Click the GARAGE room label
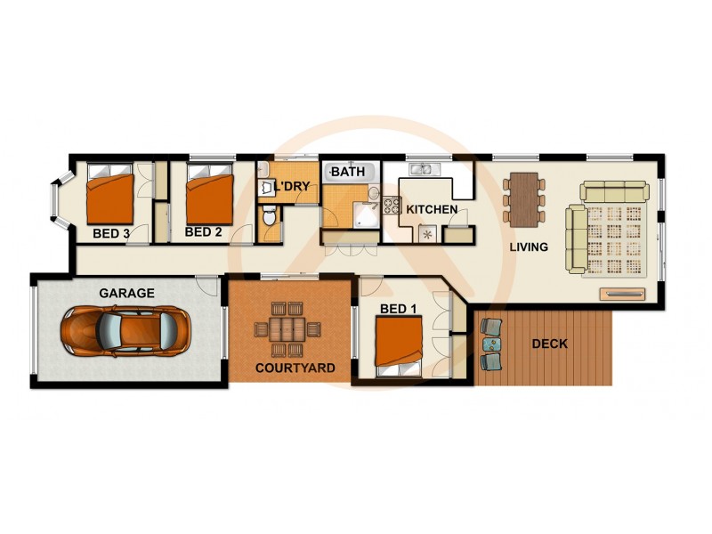pyautogui.click(x=126, y=293)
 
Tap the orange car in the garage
pyautogui.click(x=124, y=330)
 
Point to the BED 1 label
pyautogui.click(x=398, y=309)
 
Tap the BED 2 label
pyautogui.click(x=203, y=232)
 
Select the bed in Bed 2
pyautogui.click(x=210, y=197)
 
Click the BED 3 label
pyautogui.click(x=111, y=234)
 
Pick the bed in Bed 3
pyautogui.click(x=110, y=198)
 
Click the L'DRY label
pyautogui.click(x=291, y=187)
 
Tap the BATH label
pyautogui.click(x=346, y=171)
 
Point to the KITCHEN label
pyautogui.click(x=432, y=210)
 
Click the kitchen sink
pyautogui.click(x=420, y=168)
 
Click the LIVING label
pyautogui.click(x=529, y=247)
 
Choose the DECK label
pyautogui.click(x=548, y=344)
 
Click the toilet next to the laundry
pyautogui.click(x=270, y=217)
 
